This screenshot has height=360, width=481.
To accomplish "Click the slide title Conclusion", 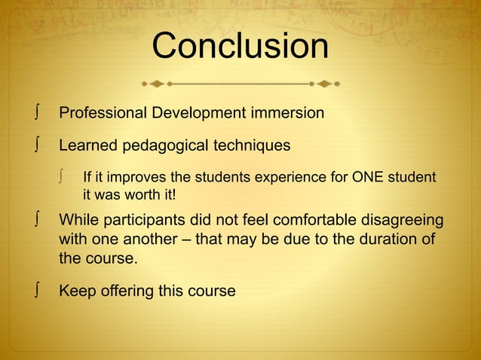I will (240, 47).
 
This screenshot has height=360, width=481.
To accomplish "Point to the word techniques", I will (253, 145).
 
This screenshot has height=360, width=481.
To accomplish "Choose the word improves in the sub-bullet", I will (127, 178).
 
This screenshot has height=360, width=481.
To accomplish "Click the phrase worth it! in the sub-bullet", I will (150, 194).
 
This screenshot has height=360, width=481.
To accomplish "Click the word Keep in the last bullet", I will (75, 291).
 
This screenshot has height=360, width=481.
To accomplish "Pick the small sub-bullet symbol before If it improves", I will (66, 178).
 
